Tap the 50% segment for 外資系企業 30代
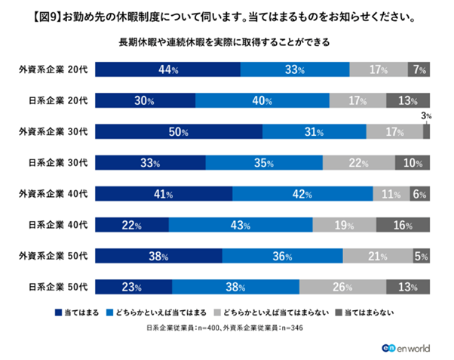coord(179,131)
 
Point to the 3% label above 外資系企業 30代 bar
coord(426,116)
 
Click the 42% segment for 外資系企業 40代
coord(302,193)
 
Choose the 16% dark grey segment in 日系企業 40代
coord(403,224)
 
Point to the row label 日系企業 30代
coord(57,162)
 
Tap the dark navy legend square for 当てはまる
coord(59,311)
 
